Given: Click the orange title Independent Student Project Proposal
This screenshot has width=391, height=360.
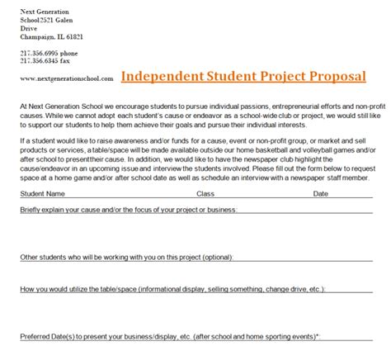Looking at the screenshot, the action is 243,77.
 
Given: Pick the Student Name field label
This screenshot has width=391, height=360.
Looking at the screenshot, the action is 44,194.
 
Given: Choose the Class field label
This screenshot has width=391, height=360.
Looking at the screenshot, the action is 205,194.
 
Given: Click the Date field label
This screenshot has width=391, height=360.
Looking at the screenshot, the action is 320,194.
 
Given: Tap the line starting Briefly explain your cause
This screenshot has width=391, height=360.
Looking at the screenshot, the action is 128,211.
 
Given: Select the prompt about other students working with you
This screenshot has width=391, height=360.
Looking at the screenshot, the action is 125,257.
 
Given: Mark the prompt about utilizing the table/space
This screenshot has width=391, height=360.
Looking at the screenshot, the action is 172,290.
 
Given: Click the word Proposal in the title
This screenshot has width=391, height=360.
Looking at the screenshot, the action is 333,77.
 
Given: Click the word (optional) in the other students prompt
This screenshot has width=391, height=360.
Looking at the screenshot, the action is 212,257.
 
